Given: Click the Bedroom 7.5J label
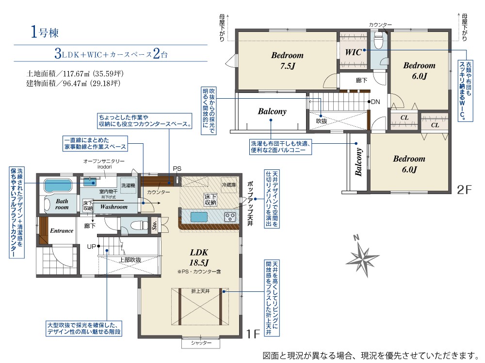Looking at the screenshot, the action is tap(287, 60).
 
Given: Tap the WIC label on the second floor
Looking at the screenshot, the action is tap(354, 52).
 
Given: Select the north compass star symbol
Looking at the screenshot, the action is tap(362, 256).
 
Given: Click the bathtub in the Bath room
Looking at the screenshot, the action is tap(58, 185).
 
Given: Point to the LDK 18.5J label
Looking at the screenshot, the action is tap(199, 257).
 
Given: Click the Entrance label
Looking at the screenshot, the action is tap(62, 230).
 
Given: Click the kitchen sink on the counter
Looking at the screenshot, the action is tap(199, 217).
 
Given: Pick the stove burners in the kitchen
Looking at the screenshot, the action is tap(230, 217).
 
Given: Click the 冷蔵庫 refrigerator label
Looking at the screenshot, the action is tap(229, 185).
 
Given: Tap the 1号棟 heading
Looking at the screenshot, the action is tap(45, 32).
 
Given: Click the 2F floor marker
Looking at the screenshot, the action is tap(464, 190).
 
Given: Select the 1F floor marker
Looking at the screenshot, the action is tap(253, 333).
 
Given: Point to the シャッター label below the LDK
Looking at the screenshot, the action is tap(201, 343).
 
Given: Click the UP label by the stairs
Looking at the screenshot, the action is tap(91, 247).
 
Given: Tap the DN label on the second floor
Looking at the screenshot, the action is tap(375, 102).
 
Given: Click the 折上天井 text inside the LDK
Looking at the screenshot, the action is tap(200, 291).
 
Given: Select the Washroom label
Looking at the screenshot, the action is tap(114, 207).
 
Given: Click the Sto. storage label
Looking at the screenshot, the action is tap(155, 226).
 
